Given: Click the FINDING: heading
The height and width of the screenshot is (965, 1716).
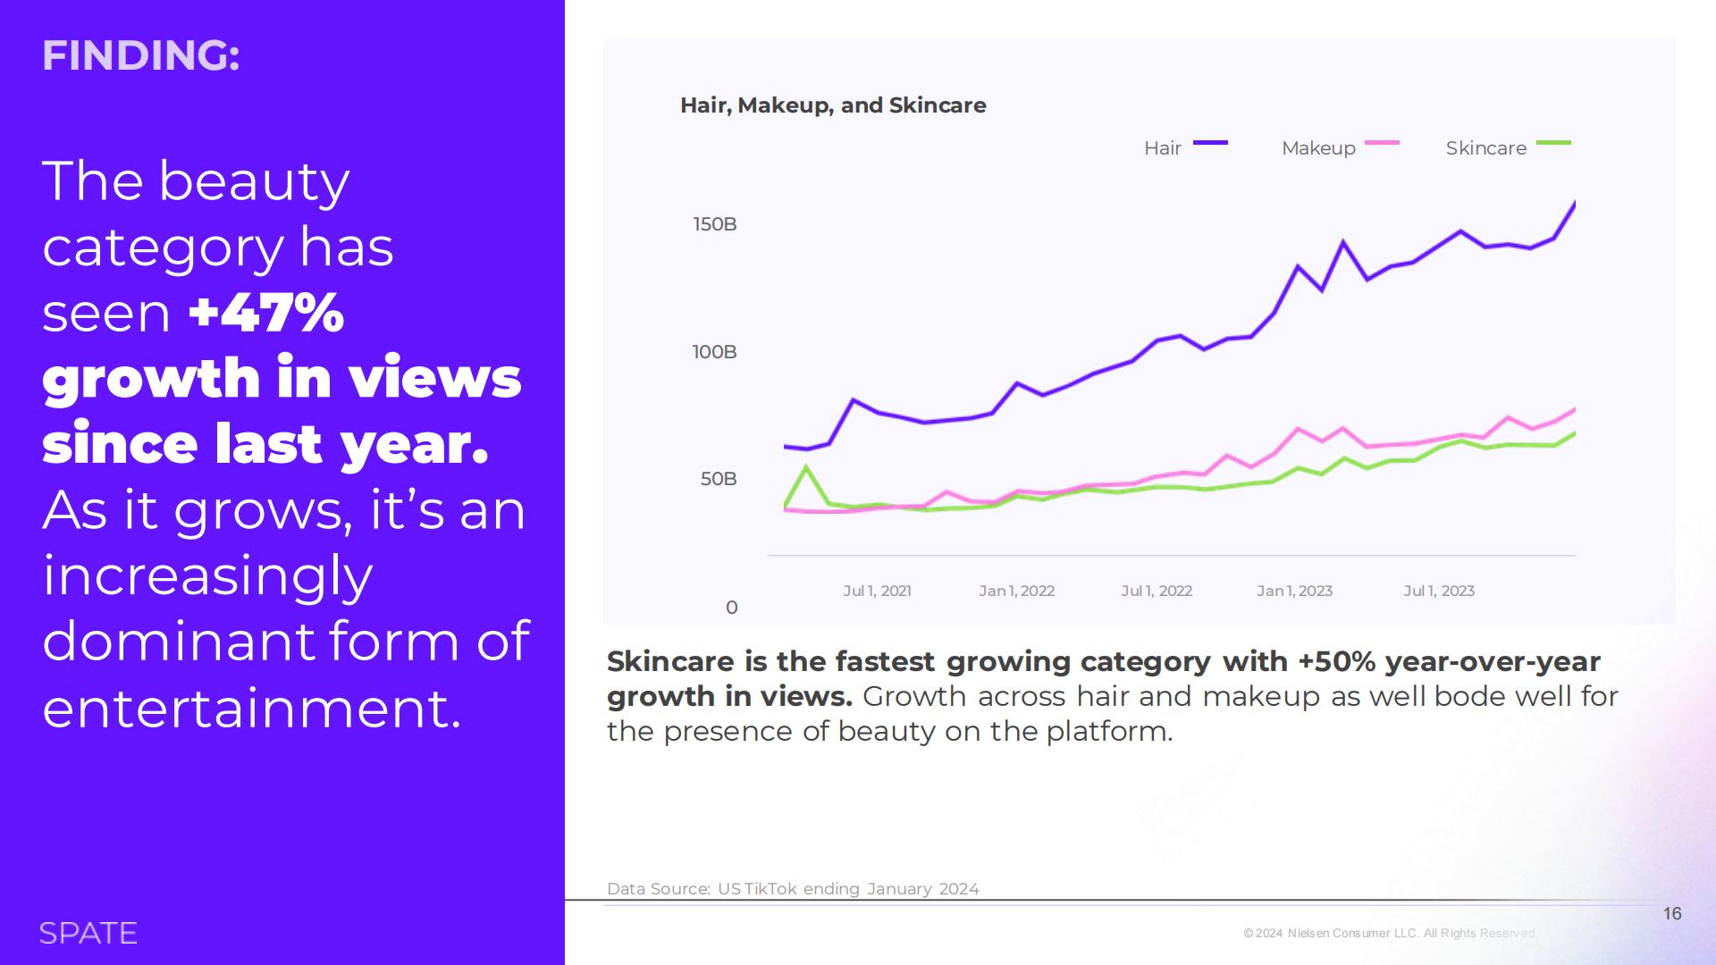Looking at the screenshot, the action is pyautogui.click(x=140, y=55).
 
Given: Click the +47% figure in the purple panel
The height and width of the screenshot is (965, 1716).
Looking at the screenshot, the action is pyautogui.click(x=266, y=313).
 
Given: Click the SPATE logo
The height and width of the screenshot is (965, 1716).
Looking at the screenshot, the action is pyautogui.click(x=88, y=933).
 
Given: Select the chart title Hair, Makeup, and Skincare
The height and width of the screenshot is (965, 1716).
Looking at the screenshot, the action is pyautogui.click(x=833, y=105).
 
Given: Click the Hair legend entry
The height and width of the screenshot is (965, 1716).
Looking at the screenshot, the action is pyautogui.click(x=1185, y=147).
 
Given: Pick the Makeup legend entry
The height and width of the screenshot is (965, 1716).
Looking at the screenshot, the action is pyautogui.click(x=1340, y=147).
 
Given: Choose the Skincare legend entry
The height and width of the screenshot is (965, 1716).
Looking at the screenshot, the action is pyautogui.click(x=1508, y=147).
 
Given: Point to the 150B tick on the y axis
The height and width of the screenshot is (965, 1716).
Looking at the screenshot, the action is pyautogui.click(x=715, y=224).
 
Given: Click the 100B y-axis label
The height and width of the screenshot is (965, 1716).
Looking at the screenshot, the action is pyautogui.click(x=715, y=352).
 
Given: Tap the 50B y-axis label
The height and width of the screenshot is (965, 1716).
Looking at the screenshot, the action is pyautogui.click(x=719, y=479).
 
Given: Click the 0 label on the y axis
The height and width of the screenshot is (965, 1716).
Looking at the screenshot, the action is pyautogui.click(x=732, y=608).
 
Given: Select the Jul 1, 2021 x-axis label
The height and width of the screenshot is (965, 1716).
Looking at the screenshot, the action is pyautogui.click(x=877, y=591).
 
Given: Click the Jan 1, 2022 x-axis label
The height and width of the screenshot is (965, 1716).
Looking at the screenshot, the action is pyautogui.click(x=1016, y=591).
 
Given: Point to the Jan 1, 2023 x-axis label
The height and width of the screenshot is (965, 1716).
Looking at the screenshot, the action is pyautogui.click(x=1294, y=591).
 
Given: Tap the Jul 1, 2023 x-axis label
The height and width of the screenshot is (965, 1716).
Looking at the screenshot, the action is pyautogui.click(x=1439, y=591).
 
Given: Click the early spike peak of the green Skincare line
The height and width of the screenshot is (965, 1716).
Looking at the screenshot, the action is pyautogui.click(x=807, y=467).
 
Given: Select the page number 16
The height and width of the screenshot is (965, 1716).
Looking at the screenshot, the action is pyautogui.click(x=1672, y=913).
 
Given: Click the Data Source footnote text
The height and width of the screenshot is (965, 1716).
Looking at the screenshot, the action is pyautogui.click(x=793, y=889).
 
